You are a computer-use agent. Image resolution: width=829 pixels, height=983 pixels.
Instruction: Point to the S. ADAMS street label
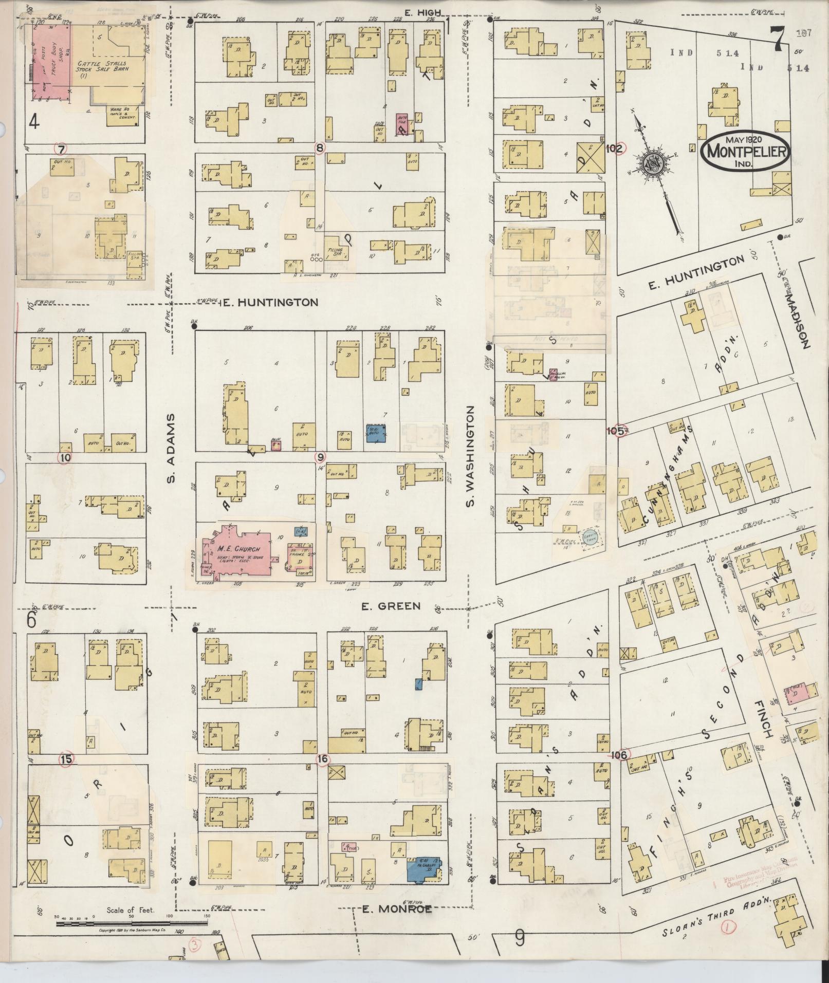click(171, 448)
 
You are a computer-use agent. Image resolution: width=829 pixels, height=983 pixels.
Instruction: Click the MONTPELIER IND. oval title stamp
click(745, 151)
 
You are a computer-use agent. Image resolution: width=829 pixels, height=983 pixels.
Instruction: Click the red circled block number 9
click(321, 456)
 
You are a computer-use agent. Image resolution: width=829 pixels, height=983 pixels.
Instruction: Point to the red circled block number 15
click(65, 759)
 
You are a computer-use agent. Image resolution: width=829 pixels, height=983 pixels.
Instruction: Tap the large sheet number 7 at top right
click(777, 37)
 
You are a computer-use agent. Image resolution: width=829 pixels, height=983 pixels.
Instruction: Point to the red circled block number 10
click(64, 457)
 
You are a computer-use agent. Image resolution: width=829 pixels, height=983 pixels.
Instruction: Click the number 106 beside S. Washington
click(620, 755)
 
